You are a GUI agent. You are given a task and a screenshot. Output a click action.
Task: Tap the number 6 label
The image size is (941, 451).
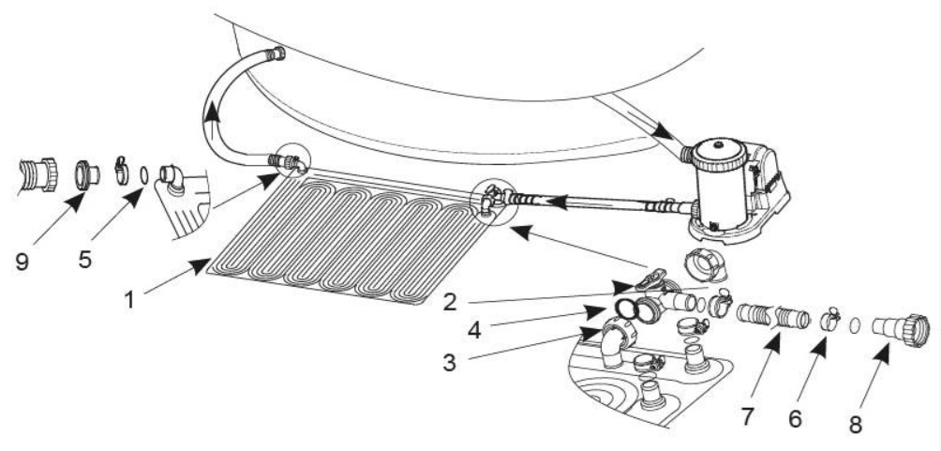[x=795, y=418]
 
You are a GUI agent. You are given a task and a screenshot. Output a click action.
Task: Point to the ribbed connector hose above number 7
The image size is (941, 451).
[x=773, y=314]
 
